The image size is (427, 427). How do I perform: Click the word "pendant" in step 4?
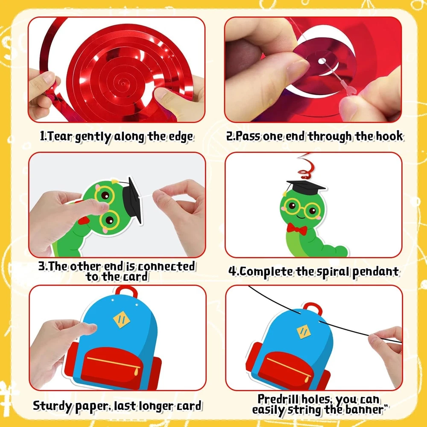(x=375, y=272)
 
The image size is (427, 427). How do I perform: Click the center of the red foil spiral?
(x=123, y=83)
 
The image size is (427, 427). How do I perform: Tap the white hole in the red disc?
(x=322, y=61)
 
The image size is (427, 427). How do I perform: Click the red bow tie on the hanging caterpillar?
(x=297, y=229)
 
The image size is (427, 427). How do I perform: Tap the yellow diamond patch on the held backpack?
(x=121, y=319)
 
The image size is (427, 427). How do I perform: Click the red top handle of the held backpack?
(x=126, y=291)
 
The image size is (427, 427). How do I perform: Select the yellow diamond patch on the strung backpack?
(x=303, y=332)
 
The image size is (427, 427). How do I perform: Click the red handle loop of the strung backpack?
(x=313, y=309)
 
